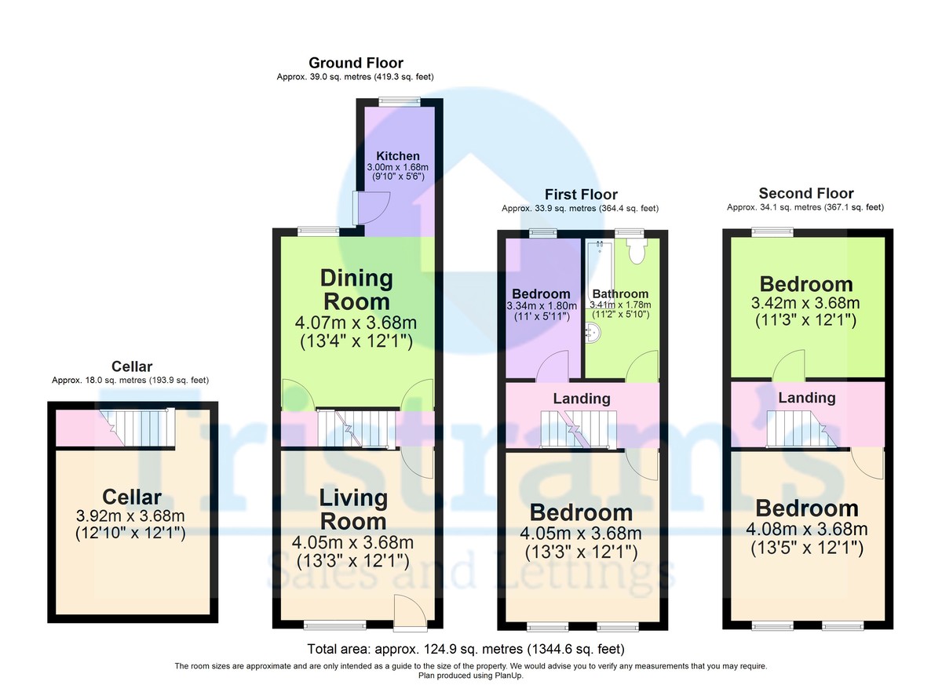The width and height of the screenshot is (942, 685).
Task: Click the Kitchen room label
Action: click(x=398, y=156)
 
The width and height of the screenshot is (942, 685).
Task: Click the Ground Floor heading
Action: click(x=356, y=63)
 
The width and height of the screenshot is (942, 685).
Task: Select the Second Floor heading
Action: click(x=806, y=193)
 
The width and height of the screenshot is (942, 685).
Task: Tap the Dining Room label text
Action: click(x=356, y=290)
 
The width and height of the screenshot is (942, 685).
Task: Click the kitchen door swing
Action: click(x=365, y=208)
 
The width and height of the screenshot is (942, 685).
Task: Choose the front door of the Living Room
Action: click(x=411, y=613)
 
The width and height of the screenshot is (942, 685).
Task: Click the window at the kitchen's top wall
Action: click(x=398, y=100)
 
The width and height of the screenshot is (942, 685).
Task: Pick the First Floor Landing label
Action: click(x=582, y=399)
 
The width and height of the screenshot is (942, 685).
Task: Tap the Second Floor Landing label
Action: click(x=807, y=398)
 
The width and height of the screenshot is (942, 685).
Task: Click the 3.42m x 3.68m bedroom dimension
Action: click(x=806, y=304)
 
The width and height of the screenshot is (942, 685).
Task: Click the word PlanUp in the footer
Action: click(x=506, y=675)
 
